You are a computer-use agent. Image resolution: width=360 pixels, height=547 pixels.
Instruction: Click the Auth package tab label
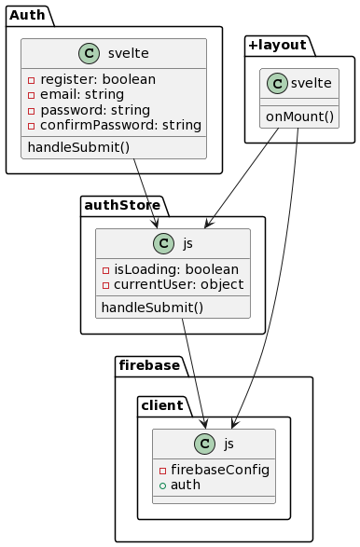(x=27, y=16)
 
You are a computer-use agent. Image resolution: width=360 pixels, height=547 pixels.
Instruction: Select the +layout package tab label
(x=278, y=46)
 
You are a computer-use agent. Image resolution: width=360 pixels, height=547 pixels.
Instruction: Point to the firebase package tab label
(x=149, y=366)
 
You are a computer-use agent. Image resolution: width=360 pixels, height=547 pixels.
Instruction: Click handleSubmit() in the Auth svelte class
(x=74, y=147)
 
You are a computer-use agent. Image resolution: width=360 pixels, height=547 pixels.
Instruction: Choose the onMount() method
(x=298, y=116)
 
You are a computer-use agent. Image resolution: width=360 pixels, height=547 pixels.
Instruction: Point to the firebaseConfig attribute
(x=220, y=470)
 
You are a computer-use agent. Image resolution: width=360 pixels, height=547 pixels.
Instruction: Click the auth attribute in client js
(x=185, y=485)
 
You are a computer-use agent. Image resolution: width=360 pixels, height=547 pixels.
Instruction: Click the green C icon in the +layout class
(x=277, y=83)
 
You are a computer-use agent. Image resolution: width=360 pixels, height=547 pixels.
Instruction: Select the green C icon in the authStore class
(x=163, y=243)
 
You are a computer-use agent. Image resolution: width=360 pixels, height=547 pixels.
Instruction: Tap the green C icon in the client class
(x=204, y=444)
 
